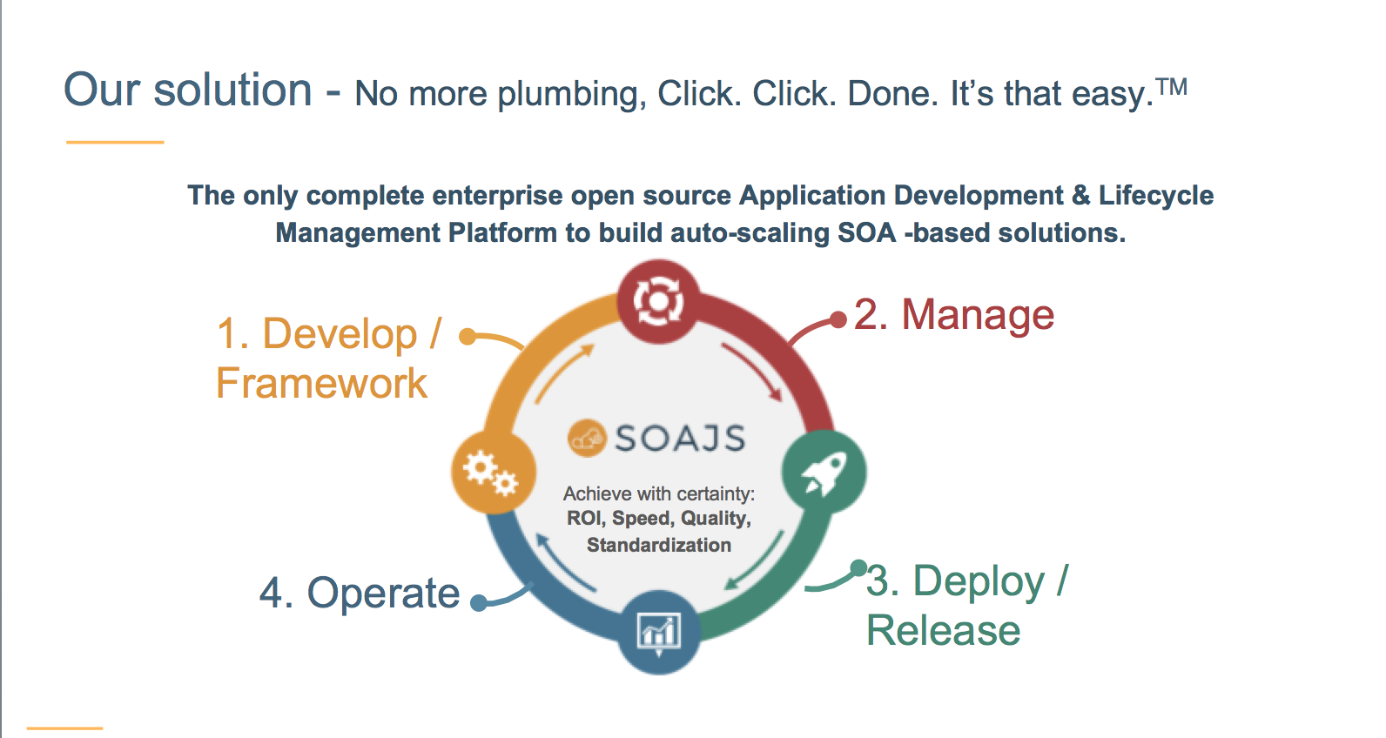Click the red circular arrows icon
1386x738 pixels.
[658, 301]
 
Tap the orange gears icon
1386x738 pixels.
[492, 472]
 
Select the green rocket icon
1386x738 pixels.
[824, 473]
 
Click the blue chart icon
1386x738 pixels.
[658, 632]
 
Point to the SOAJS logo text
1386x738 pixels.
[680, 438]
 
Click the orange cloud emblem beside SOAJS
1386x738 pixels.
[586, 438]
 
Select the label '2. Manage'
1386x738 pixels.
[954, 314]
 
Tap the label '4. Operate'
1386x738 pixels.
[360, 593]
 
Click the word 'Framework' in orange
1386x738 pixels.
[321, 383]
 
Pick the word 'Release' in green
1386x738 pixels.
[943, 630]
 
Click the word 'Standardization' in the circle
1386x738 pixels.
[659, 545]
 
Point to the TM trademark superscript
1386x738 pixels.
[1172, 87]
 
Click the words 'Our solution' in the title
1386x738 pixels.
[188, 90]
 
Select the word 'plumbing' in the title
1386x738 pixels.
[571, 94]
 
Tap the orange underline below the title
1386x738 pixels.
[115, 142]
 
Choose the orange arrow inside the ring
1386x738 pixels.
[563, 372]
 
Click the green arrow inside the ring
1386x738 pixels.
[756, 560]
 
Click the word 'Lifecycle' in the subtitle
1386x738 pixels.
[1155, 195]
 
